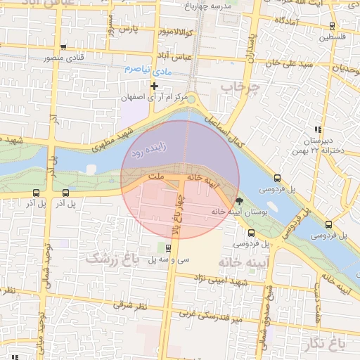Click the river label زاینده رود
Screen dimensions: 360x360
tap(146, 151)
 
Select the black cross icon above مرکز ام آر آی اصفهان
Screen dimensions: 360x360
tap(155, 86)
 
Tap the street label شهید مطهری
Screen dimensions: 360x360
tap(117, 134)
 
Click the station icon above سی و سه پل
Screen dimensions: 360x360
tap(168, 248)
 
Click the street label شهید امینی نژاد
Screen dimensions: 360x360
tap(217, 281)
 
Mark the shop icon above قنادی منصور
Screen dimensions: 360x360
tap(63, 48)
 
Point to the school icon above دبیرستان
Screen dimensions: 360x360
tap(318, 129)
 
